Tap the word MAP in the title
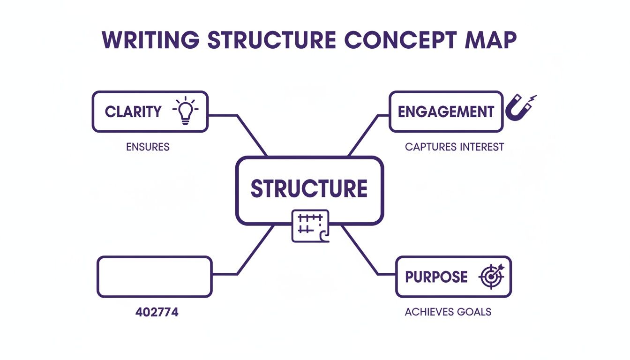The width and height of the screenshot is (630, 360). coord(490,41)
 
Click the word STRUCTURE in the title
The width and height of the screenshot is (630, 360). coord(271,41)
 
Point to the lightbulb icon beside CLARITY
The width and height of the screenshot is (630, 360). coord(186,111)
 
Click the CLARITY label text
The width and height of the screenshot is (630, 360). coord(133,112)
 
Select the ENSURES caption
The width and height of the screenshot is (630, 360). coord(148,147)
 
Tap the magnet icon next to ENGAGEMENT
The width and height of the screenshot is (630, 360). coord(520,108)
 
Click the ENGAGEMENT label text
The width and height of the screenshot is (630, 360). coord(446,112)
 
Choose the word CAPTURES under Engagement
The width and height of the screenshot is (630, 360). coord(430,147)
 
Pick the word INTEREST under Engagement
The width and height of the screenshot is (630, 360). coord(481,147)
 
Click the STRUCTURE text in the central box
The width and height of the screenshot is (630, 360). coord(309,188)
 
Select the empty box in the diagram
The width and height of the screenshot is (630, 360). coord(154,276)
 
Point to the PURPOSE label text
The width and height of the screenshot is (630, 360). coord(436,277)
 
